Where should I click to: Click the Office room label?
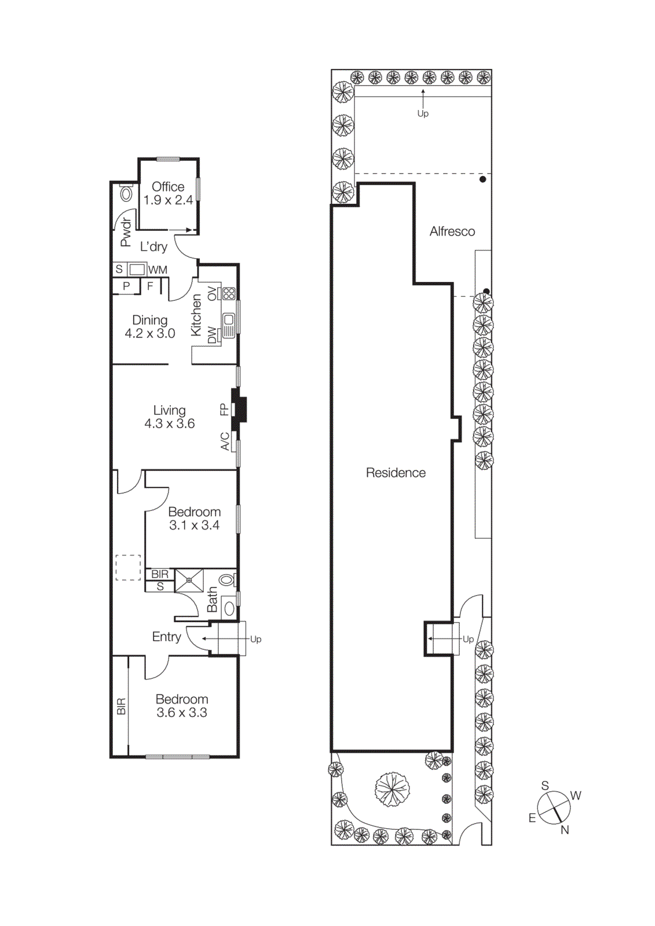(168, 187)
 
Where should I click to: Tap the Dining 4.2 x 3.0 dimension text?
(150, 333)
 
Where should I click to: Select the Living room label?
(169, 410)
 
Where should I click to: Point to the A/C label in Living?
(225, 442)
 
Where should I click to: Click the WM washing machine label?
(158, 270)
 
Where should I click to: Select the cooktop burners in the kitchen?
(229, 293)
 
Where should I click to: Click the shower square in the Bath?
(189, 580)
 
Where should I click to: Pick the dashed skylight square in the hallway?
(128, 567)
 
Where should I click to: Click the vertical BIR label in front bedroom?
(121, 707)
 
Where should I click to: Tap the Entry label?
(166, 637)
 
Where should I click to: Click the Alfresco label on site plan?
(452, 231)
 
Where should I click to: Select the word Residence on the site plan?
(396, 473)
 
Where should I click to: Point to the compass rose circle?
(554, 807)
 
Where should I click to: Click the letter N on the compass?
(565, 830)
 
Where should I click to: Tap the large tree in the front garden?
(392, 788)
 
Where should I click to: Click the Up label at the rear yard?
(423, 113)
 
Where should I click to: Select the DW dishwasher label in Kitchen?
(212, 335)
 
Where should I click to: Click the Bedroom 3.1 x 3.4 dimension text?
(194, 526)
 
